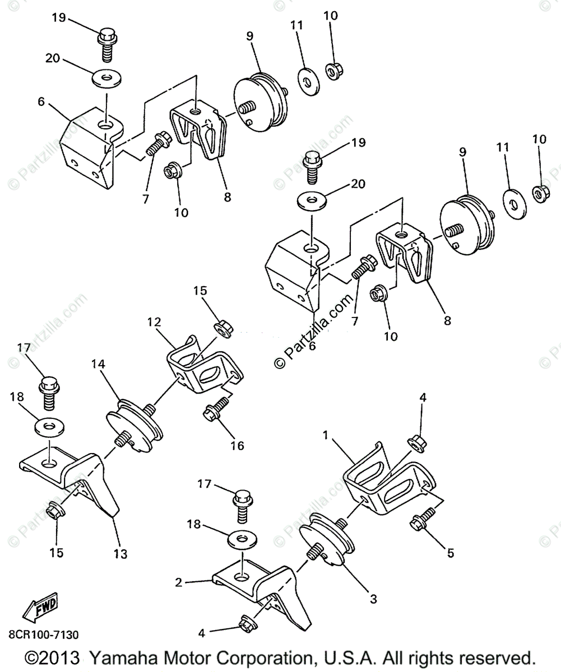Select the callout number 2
(179, 582)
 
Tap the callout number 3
(373, 599)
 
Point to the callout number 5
(450, 553)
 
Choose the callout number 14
(98, 364)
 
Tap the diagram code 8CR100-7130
(44, 634)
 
